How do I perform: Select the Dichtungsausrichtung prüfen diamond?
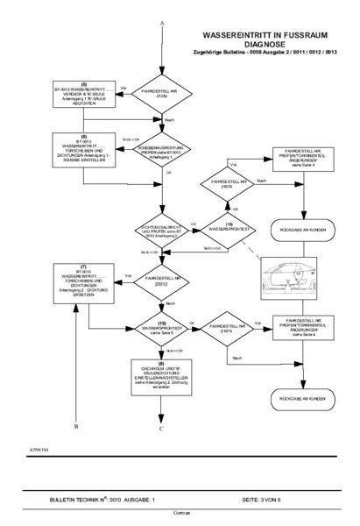[162, 207]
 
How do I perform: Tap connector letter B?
[77, 424]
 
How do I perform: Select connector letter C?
[162, 429]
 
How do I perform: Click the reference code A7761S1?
[39, 447]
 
